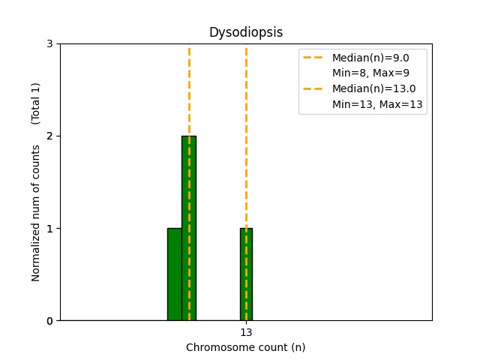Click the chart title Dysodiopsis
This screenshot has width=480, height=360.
pos(245,33)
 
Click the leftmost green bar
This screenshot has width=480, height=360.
pos(174,274)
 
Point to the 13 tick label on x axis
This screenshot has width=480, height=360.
pos(246,332)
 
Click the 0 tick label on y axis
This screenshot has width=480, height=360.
pos(50,321)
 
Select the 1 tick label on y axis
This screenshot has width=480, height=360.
pos(50,229)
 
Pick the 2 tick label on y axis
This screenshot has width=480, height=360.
pos(50,136)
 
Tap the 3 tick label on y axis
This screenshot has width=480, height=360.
pos(50,44)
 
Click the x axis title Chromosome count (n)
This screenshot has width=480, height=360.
pos(245,347)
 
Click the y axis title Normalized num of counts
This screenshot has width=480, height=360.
pos(36,213)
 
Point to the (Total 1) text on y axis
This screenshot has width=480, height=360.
pos(36,103)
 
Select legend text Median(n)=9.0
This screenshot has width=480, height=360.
pos(369,58)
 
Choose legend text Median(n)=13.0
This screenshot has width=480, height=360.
pos(372,88)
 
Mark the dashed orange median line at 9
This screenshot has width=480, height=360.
pos(189,90)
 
